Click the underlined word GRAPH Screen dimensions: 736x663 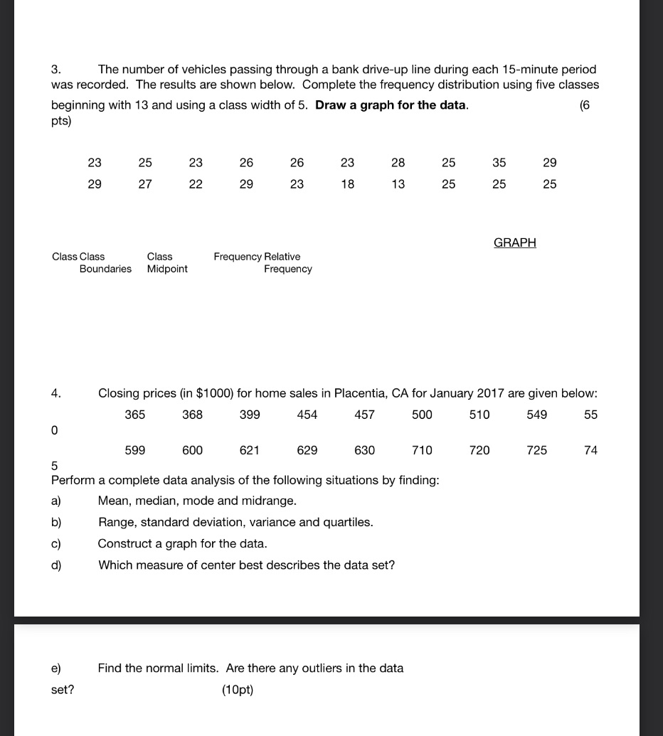tap(514, 242)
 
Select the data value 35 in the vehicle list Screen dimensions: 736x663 tap(499, 163)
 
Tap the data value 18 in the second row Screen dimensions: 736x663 tap(347, 184)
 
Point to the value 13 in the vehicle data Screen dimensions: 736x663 tap(398, 184)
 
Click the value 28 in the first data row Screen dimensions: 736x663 tap(398, 163)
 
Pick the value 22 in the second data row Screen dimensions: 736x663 tap(196, 184)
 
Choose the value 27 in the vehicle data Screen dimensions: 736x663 tap(145, 184)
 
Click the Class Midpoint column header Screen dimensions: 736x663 tap(167, 262)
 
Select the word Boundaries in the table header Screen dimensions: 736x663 tap(105, 269)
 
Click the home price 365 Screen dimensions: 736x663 tap(135, 415)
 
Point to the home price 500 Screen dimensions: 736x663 tap(422, 415)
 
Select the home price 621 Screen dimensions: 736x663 tap(250, 450)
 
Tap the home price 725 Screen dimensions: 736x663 tap(537, 450)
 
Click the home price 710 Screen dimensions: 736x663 tap(422, 450)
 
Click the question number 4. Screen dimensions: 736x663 tap(55, 393)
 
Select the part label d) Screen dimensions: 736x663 tap(56, 565)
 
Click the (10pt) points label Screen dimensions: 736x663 tap(238, 690)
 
